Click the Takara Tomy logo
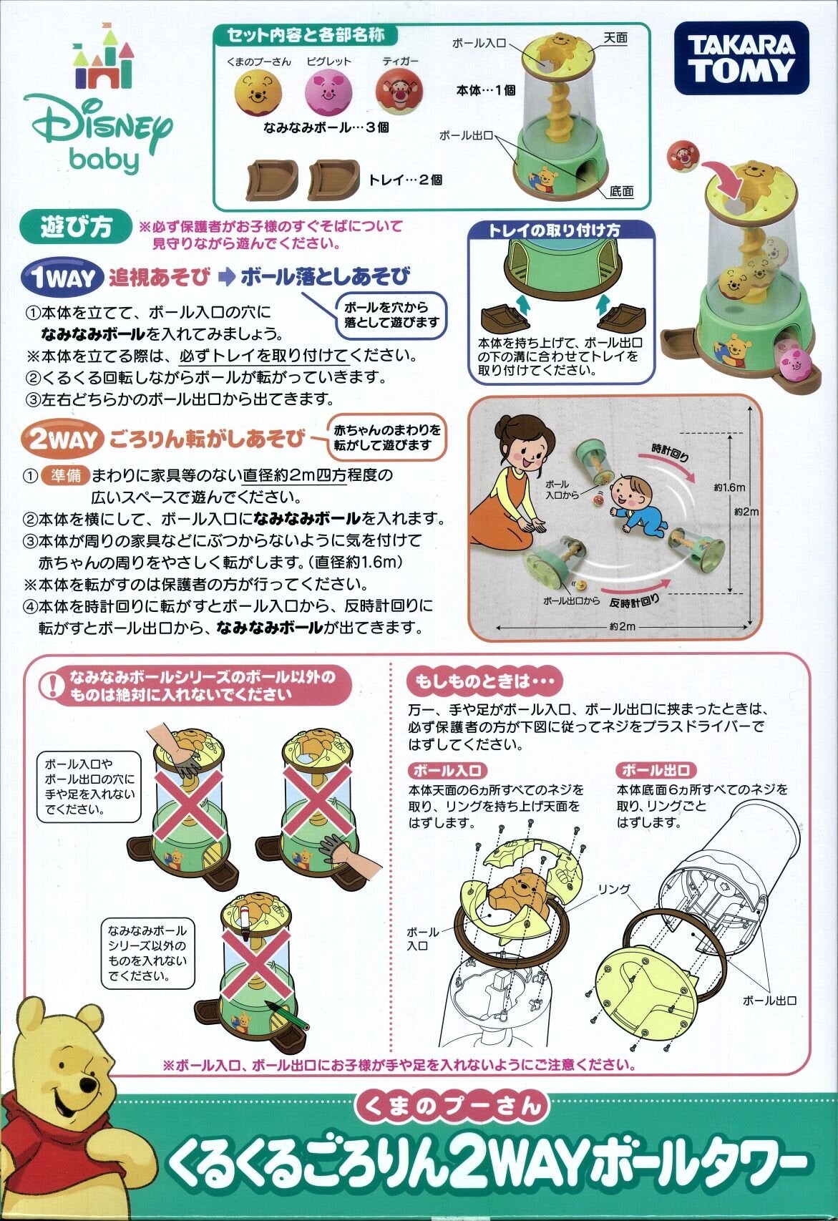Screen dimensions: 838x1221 (x=741, y=58)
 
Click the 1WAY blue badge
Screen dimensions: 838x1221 (x=62, y=278)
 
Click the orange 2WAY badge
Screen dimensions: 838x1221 (x=62, y=439)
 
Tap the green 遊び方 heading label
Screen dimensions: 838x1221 (x=77, y=228)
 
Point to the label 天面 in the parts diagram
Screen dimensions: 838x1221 (x=615, y=38)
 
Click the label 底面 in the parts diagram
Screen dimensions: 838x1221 (x=622, y=191)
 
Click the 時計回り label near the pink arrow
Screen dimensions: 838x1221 (x=670, y=452)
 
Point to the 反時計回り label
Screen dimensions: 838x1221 (x=635, y=600)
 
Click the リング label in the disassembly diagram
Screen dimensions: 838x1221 (x=614, y=889)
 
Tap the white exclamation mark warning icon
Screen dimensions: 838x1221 (x=52, y=685)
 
